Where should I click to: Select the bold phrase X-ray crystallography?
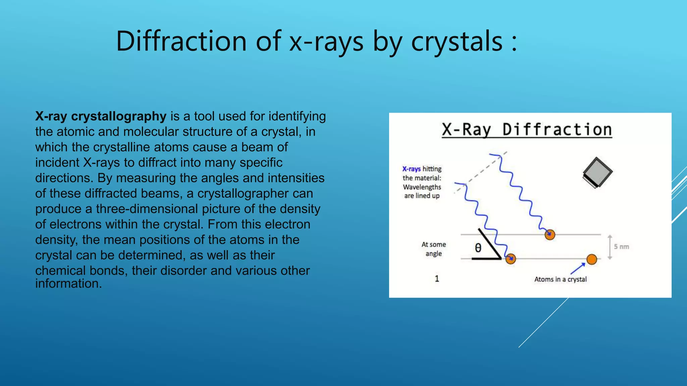coord(101,116)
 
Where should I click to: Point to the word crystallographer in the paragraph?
coord(255,193)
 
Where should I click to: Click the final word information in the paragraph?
coord(68,283)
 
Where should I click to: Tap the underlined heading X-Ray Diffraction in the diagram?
coord(527,130)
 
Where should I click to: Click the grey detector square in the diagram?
coord(597,172)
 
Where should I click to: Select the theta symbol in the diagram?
coord(478,248)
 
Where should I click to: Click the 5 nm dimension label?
coord(621,247)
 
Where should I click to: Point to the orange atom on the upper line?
coord(550,235)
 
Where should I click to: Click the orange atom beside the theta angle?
coord(511,259)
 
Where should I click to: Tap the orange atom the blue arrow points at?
coord(592,259)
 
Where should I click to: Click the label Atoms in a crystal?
coord(560,279)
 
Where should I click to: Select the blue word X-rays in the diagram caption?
coord(411,169)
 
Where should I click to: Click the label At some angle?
coord(433,249)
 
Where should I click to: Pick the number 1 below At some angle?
coord(437,278)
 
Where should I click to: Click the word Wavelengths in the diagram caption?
coord(422,187)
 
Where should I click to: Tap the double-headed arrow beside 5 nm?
coord(610,247)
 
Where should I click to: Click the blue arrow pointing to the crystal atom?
coord(578,268)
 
